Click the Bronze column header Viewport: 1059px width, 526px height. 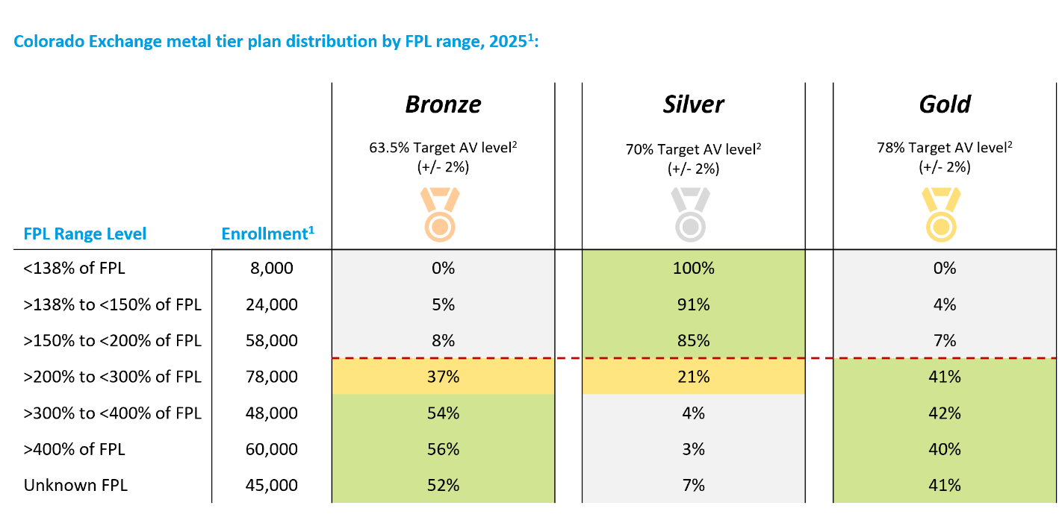443,104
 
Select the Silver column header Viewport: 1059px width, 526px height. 693,104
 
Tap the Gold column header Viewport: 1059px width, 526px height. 945,104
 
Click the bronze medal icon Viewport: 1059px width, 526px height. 440,215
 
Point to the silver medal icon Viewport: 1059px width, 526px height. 691,215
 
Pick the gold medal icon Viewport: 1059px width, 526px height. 941,215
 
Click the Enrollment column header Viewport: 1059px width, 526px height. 267,234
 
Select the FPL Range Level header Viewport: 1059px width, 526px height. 85,234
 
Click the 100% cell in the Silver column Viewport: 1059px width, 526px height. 694,268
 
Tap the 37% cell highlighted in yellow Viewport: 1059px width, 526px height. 443,377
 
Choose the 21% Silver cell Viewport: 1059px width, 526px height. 694,377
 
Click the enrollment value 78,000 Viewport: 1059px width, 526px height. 271,377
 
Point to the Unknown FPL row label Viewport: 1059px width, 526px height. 75,486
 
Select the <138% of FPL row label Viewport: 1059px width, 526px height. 74,268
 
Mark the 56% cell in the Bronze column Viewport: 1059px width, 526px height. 443,449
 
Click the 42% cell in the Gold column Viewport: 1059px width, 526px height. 945,413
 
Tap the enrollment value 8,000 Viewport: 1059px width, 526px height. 271,268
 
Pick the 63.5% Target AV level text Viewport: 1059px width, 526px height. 443,148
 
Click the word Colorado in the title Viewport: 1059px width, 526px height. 49,42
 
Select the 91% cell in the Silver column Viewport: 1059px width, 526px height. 694,304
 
